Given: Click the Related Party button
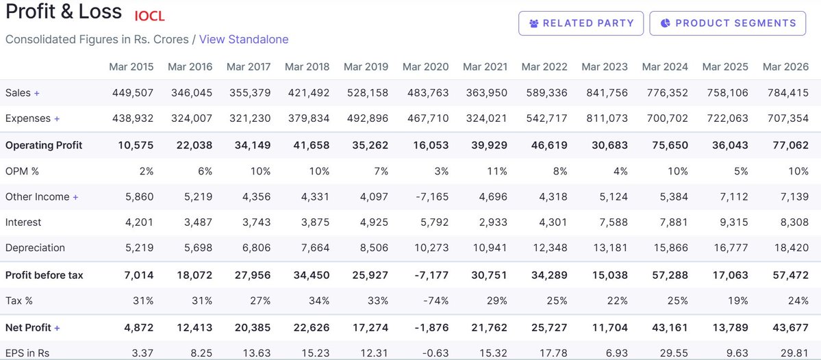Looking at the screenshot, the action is [x=581, y=23].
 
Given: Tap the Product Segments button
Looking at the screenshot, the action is [x=728, y=23].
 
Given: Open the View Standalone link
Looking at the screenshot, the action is [x=244, y=39].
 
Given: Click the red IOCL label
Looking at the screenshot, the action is [x=150, y=16].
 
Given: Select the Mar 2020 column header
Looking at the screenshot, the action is [x=426, y=66].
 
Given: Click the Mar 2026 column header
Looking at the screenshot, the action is [x=785, y=66].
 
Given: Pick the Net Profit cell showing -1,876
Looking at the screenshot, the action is [x=431, y=328].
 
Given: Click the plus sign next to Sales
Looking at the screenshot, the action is [x=37, y=93].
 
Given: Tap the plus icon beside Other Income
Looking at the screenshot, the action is [x=75, y=197].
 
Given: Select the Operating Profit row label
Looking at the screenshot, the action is [x=44, y=146].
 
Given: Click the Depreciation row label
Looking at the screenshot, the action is [x=35, y=248].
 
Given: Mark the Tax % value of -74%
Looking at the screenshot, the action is [x=436, y=301].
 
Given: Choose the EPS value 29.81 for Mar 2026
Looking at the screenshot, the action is [x=794, y=353].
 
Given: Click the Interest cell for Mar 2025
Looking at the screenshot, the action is [x=733, y=222].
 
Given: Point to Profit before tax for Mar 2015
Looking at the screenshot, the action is [x=139, y=275].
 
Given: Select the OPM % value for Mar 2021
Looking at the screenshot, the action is [x=497, y=171].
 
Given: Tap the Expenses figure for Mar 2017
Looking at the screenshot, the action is [x=251, y=119].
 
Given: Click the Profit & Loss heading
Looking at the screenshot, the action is [x=64, y=12].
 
